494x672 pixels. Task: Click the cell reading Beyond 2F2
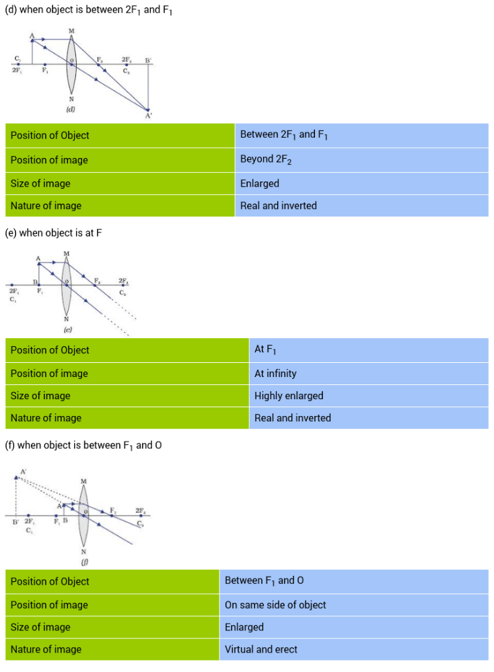click(361, 160)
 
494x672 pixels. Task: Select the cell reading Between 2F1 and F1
click(361, 135)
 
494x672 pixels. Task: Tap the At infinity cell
click(368, 374)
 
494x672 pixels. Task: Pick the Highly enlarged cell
click(368, 396)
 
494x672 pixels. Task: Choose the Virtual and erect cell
click(354, 649)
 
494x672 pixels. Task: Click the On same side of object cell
click(354, 605)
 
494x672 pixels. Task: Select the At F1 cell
click(368, 349)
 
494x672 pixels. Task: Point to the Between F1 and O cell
click(354, 581)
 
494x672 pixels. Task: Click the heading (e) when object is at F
click(53, 233)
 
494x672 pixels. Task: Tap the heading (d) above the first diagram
click(88, 11)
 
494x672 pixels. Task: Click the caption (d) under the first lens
click(70, 109)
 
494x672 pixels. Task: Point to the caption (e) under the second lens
click(67, 330)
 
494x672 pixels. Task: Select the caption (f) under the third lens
click(83, 560)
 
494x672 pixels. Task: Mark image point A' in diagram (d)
click(148, 110)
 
